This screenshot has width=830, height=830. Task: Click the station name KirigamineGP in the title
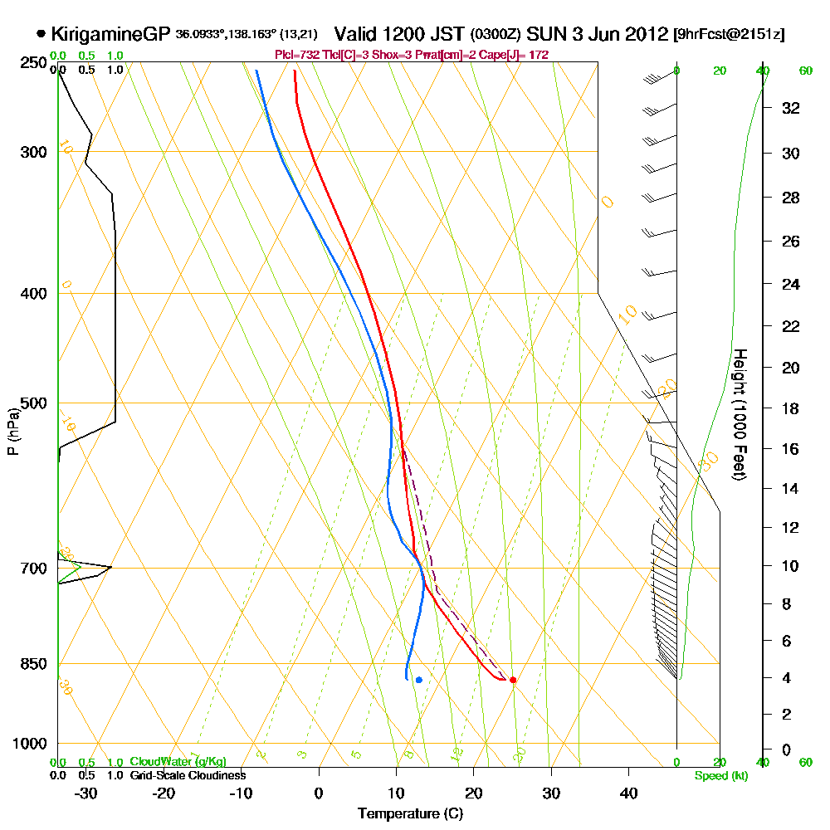coord(110,34)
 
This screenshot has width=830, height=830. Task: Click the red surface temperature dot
coord(513,680)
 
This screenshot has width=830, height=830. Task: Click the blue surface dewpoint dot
coord(419,680)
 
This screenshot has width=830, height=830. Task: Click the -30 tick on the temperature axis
coord(86,793)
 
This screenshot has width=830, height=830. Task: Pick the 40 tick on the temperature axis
coord(628,793)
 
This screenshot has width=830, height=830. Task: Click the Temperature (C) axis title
coord(410,813)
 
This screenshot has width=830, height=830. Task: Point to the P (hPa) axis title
coord(12,431)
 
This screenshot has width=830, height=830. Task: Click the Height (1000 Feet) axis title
coord(739,414)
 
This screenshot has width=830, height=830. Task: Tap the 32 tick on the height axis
coord(791,108)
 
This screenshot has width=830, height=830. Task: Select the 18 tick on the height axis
coord(791,408)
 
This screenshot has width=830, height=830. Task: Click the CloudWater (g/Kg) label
coord(178,762)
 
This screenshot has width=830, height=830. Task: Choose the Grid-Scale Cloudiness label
coord(188,775)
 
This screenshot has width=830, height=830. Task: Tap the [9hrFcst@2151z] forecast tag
coord(730,35)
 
